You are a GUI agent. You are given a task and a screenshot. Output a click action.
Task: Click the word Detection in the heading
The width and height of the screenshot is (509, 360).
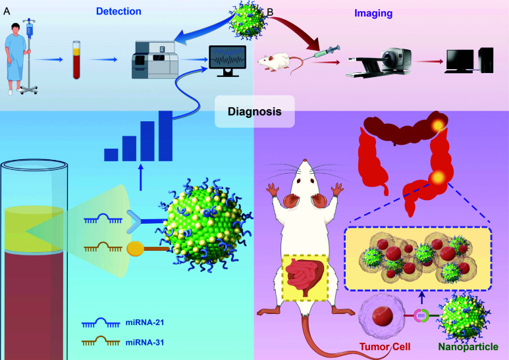point(119,11)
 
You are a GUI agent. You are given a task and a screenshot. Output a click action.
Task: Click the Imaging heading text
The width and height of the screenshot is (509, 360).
point(373,13)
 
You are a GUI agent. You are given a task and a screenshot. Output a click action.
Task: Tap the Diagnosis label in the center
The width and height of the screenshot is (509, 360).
point(254,112)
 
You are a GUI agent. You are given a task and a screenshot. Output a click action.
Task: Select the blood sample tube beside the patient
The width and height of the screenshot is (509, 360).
point(76,60)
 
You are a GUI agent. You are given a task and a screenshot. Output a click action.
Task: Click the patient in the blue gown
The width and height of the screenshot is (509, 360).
point(15,59)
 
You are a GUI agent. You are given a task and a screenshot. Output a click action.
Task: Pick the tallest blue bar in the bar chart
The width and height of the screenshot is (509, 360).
point(165,136)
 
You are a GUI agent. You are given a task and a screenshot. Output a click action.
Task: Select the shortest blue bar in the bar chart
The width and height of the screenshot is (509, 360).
point(111,155)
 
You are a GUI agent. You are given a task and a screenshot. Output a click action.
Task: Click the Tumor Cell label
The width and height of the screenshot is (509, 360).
point(385,347)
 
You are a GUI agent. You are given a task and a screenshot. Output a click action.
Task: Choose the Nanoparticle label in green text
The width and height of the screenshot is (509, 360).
point(468,347)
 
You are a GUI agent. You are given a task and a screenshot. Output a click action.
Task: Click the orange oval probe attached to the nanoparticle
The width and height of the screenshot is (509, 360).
point(135,249)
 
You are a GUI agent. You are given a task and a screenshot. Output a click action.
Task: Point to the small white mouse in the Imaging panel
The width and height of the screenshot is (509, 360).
point(275,62)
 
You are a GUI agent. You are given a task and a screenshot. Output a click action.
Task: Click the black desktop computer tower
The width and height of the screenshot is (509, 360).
point(486,60)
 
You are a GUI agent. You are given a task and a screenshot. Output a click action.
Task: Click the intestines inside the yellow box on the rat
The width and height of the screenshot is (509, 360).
point(304,276)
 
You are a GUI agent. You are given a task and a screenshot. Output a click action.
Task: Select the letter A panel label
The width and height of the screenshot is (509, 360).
point(7,11)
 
